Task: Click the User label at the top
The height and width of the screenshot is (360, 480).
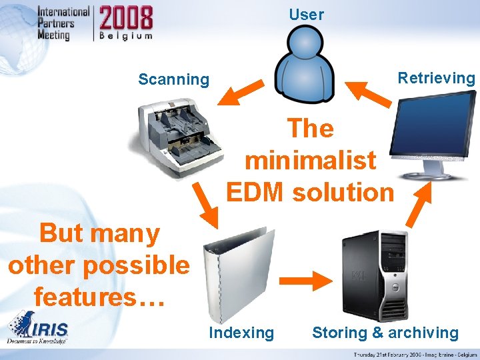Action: pos(306,15)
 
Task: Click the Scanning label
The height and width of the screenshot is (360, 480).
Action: pos(173,80)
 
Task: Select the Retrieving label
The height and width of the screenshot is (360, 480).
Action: pos(436,78)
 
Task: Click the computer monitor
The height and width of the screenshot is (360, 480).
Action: pos(433,133)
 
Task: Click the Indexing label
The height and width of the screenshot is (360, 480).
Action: pos(241,333)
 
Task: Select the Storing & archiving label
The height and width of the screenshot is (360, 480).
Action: pos(385,333)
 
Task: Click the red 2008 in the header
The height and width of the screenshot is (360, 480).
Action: pos(126,17)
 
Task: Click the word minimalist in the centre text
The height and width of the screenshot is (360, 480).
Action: pos(311,161)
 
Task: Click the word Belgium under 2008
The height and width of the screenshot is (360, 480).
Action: pos(126,36)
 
